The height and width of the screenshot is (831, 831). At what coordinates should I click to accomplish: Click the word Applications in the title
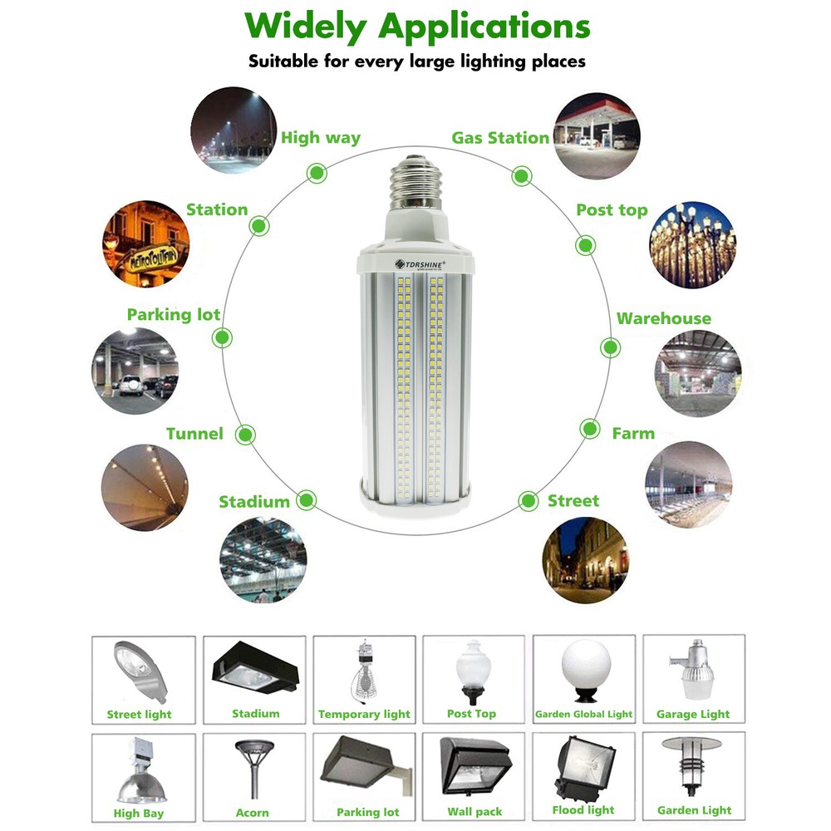click(x=484, y=27)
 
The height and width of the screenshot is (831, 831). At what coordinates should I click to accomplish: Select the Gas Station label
click(x=500, y=138)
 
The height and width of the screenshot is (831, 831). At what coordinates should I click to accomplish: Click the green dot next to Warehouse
click(x=610, y=347)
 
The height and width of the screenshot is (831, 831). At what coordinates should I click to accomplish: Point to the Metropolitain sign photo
click(x=146, y=244)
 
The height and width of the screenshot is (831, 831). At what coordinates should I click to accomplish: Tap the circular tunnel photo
click(x=145, y=488)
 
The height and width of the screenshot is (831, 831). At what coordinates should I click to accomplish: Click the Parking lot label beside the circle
click(x=174, y=315)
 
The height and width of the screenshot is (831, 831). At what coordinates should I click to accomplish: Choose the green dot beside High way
click(x=316, y=173)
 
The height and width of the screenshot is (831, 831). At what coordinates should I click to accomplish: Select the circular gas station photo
click(x=597, y=135)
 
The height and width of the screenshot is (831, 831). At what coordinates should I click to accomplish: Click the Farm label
click(x=633, y=434)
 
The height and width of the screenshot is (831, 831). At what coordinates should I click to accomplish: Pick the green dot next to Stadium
click(x=307, y=500)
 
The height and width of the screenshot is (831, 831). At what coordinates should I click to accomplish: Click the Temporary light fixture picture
click(x=363, y=671)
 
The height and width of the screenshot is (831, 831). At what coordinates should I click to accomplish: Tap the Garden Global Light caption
click(x=584, y=715)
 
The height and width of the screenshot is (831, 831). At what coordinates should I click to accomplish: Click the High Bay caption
click(x=139, y=814)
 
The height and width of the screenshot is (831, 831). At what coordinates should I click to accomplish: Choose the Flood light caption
click(x=583, y=810)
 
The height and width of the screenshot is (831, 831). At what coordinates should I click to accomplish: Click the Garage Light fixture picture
click(x=692, y=671)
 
